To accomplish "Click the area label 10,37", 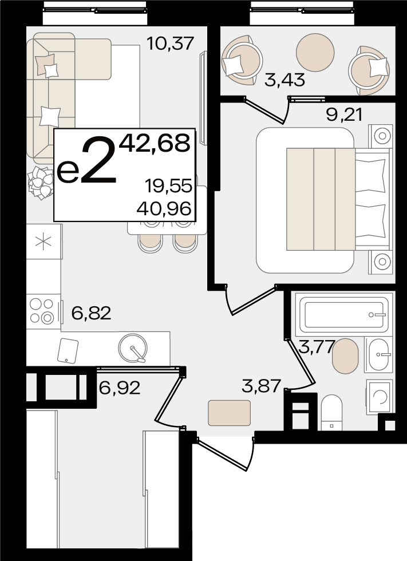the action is (x=170, y=44).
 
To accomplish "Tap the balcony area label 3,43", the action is (x=284, y=80).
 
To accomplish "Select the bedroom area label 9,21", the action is (x=345, y=115).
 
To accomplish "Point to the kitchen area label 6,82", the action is (x=91, y=313).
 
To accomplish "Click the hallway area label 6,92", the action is (x=120, y=388).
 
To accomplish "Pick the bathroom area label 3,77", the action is (x=317, y=347).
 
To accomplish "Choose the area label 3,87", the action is (x=261, y=386).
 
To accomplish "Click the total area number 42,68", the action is (x=155, y=143).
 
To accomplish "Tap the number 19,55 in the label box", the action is (x=168, y=186).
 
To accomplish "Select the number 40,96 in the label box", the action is (x=164, y=208).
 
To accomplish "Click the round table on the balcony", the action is (x=315, y=52).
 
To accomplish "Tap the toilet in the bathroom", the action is (x=331, y=413).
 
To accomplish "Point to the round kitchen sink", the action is (x=133, y=348).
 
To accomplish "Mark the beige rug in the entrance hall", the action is (x=229, y=413).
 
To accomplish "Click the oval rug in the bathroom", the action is (x=345, y=356).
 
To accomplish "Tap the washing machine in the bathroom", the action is (x=380, y=397).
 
